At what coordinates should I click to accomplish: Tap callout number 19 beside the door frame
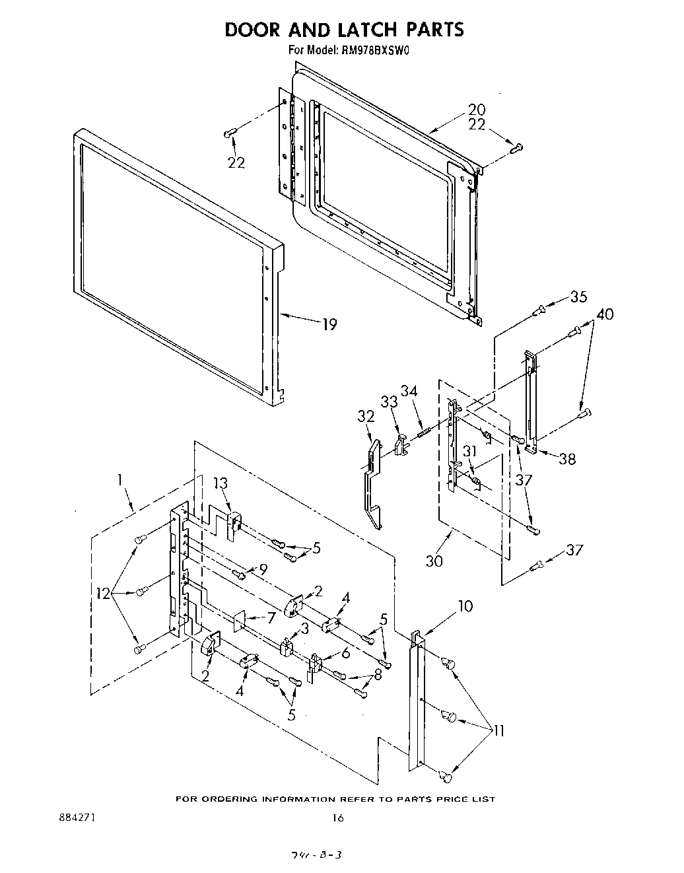click(x=329, y=324)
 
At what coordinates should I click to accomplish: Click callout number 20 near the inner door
click(x=476, y=110)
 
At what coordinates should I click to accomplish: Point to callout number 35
click(x=578, y=297)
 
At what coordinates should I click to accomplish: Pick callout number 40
click(x=604, y=314)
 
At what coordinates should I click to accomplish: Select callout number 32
click(x=366, y=416)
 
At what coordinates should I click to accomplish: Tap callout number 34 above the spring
click(x=409, y=391)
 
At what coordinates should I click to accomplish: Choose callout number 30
click(x=434, y=561)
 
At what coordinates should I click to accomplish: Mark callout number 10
click(x=465, y=606)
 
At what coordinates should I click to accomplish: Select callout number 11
click(x=498, y=730)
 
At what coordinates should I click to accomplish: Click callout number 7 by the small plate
click(x=271, y=617)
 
